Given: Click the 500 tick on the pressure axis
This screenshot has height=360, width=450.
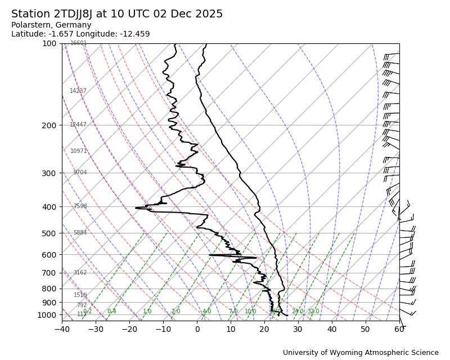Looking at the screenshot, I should [49, 233].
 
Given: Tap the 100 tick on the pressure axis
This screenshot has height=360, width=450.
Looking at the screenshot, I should [49, 43].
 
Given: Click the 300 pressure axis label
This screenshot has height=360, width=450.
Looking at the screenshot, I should [49, 173].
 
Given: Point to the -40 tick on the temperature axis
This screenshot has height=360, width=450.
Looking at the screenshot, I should [62, 328].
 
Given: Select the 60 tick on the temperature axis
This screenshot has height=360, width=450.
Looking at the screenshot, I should [399, 328].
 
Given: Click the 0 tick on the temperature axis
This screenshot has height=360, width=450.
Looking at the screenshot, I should [197, 328].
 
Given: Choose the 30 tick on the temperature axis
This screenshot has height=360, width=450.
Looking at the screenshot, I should [298, 328].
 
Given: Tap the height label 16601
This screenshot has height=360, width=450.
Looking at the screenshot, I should [79, 43].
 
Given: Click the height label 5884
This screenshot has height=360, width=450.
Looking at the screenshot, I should [80, 233].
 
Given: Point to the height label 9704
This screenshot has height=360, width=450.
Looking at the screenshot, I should [80, 173].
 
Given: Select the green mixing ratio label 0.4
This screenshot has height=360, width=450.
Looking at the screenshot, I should [111, 312].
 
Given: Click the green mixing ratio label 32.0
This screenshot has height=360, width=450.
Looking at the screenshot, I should [313, 312].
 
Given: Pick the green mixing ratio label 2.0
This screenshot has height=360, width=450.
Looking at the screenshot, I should [176, 312].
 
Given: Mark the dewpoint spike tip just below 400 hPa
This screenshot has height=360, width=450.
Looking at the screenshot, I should [136, 208].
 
